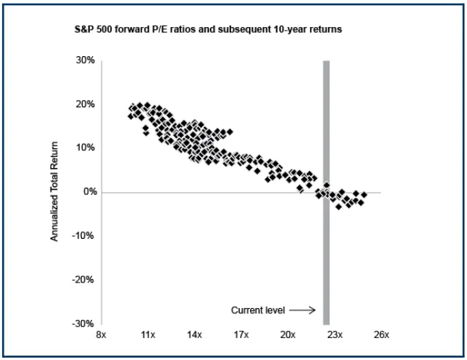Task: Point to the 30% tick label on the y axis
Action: click(85, 60)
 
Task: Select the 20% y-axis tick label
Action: click(85, 104)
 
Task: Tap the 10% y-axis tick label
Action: click(85, 148)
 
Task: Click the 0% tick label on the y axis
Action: click(88, 192)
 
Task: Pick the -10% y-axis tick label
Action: click(83, 236)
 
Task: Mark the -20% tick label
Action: click(83, 280)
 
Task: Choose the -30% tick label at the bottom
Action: click(83, 323)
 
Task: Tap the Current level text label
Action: click(259, 310)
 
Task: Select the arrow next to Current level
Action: click(307, 310)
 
